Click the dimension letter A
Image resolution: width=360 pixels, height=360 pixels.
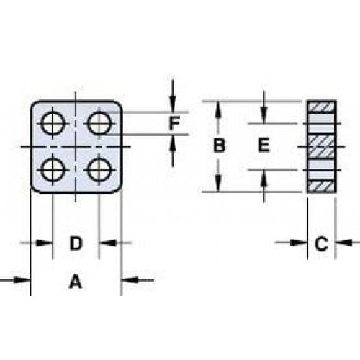coord(76,282)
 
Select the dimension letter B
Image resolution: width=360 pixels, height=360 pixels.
coord(220,145)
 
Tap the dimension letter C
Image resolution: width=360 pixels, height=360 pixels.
coord(321,243)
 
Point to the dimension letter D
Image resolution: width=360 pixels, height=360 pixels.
coord(76,243)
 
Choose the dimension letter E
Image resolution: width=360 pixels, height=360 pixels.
coord(264,145)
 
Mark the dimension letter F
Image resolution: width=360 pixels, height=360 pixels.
coord(174,123)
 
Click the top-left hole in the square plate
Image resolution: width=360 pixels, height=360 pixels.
coord(53,124)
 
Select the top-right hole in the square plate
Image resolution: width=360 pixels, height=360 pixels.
coord(99,124)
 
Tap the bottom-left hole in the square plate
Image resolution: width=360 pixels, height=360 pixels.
coord(53,170)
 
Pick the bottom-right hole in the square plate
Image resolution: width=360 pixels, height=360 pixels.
coord(99,170)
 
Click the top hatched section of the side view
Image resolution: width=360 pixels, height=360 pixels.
coord(321,107)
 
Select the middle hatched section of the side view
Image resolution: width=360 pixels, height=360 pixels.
coord(321,146)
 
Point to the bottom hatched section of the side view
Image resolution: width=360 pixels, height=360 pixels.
coord(321,186)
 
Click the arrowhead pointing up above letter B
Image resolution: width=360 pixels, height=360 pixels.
coord(218,109)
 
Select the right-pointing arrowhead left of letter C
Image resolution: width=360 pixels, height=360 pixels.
coord(299,243)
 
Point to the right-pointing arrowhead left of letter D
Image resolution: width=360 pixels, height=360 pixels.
coord(44,243)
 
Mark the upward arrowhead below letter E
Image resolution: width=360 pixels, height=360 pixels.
coord(264,178)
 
